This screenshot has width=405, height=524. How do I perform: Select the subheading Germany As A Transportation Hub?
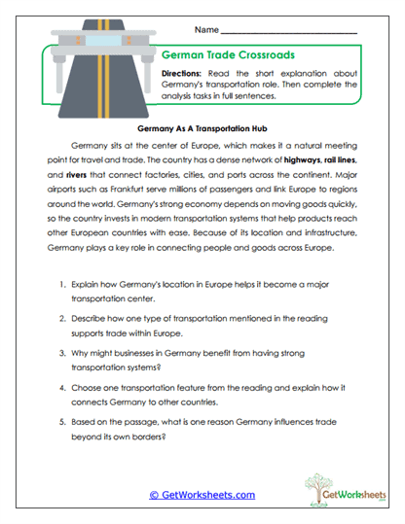(x=202, y=127)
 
